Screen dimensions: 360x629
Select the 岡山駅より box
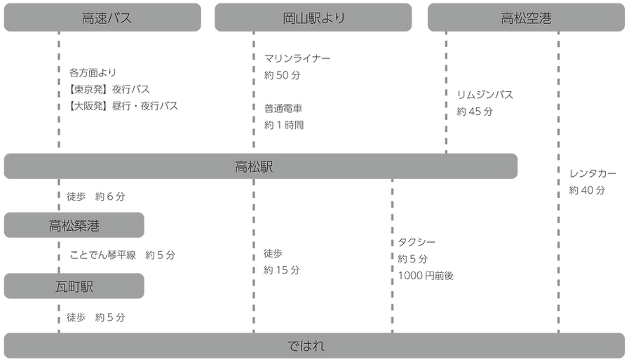pyautogui.click(x=313, y=18)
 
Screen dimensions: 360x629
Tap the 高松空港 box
pyautogui.click(x=526, y=18)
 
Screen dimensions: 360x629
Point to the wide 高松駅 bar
pyautogui.click(x=260, y=167)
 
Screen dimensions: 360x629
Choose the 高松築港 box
pyautogui.click(x=74, y=225)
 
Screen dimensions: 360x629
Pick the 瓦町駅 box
pyautogui.click(x=74, y=287)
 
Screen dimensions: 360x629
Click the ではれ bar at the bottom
pyautogui.click(x=314, y=345)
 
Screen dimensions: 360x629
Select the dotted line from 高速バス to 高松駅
pyautogui.click(x=56, y=91)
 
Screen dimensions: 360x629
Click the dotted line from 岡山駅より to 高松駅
pyautogui.click(x=252, y=91)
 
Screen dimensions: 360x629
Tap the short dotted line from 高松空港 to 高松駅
pyautogui.click(x=445, y=91)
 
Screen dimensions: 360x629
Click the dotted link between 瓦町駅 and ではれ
pyautogui.click(x=56, y=316)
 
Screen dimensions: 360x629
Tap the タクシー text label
pyautogui.click(x=419, y=242)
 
